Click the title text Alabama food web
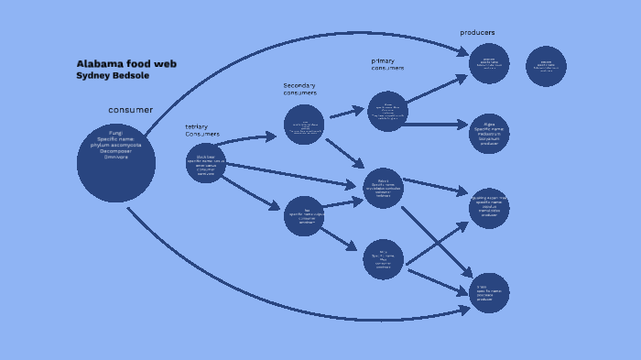[126, 64]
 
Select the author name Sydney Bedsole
[113, 76]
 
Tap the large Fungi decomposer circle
[116, 163]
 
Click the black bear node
[205, 163]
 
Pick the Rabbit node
[383, 188]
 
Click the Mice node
[383, 259]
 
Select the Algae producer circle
[489, 134]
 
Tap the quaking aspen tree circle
[489, 211]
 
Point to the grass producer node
[489, 292]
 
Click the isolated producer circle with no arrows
[546, 66]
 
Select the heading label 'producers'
[477, 33]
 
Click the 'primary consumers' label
[387, 64]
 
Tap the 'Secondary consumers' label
[299, 89]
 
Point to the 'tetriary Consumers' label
[202, 130]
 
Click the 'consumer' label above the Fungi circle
[131, 110]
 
